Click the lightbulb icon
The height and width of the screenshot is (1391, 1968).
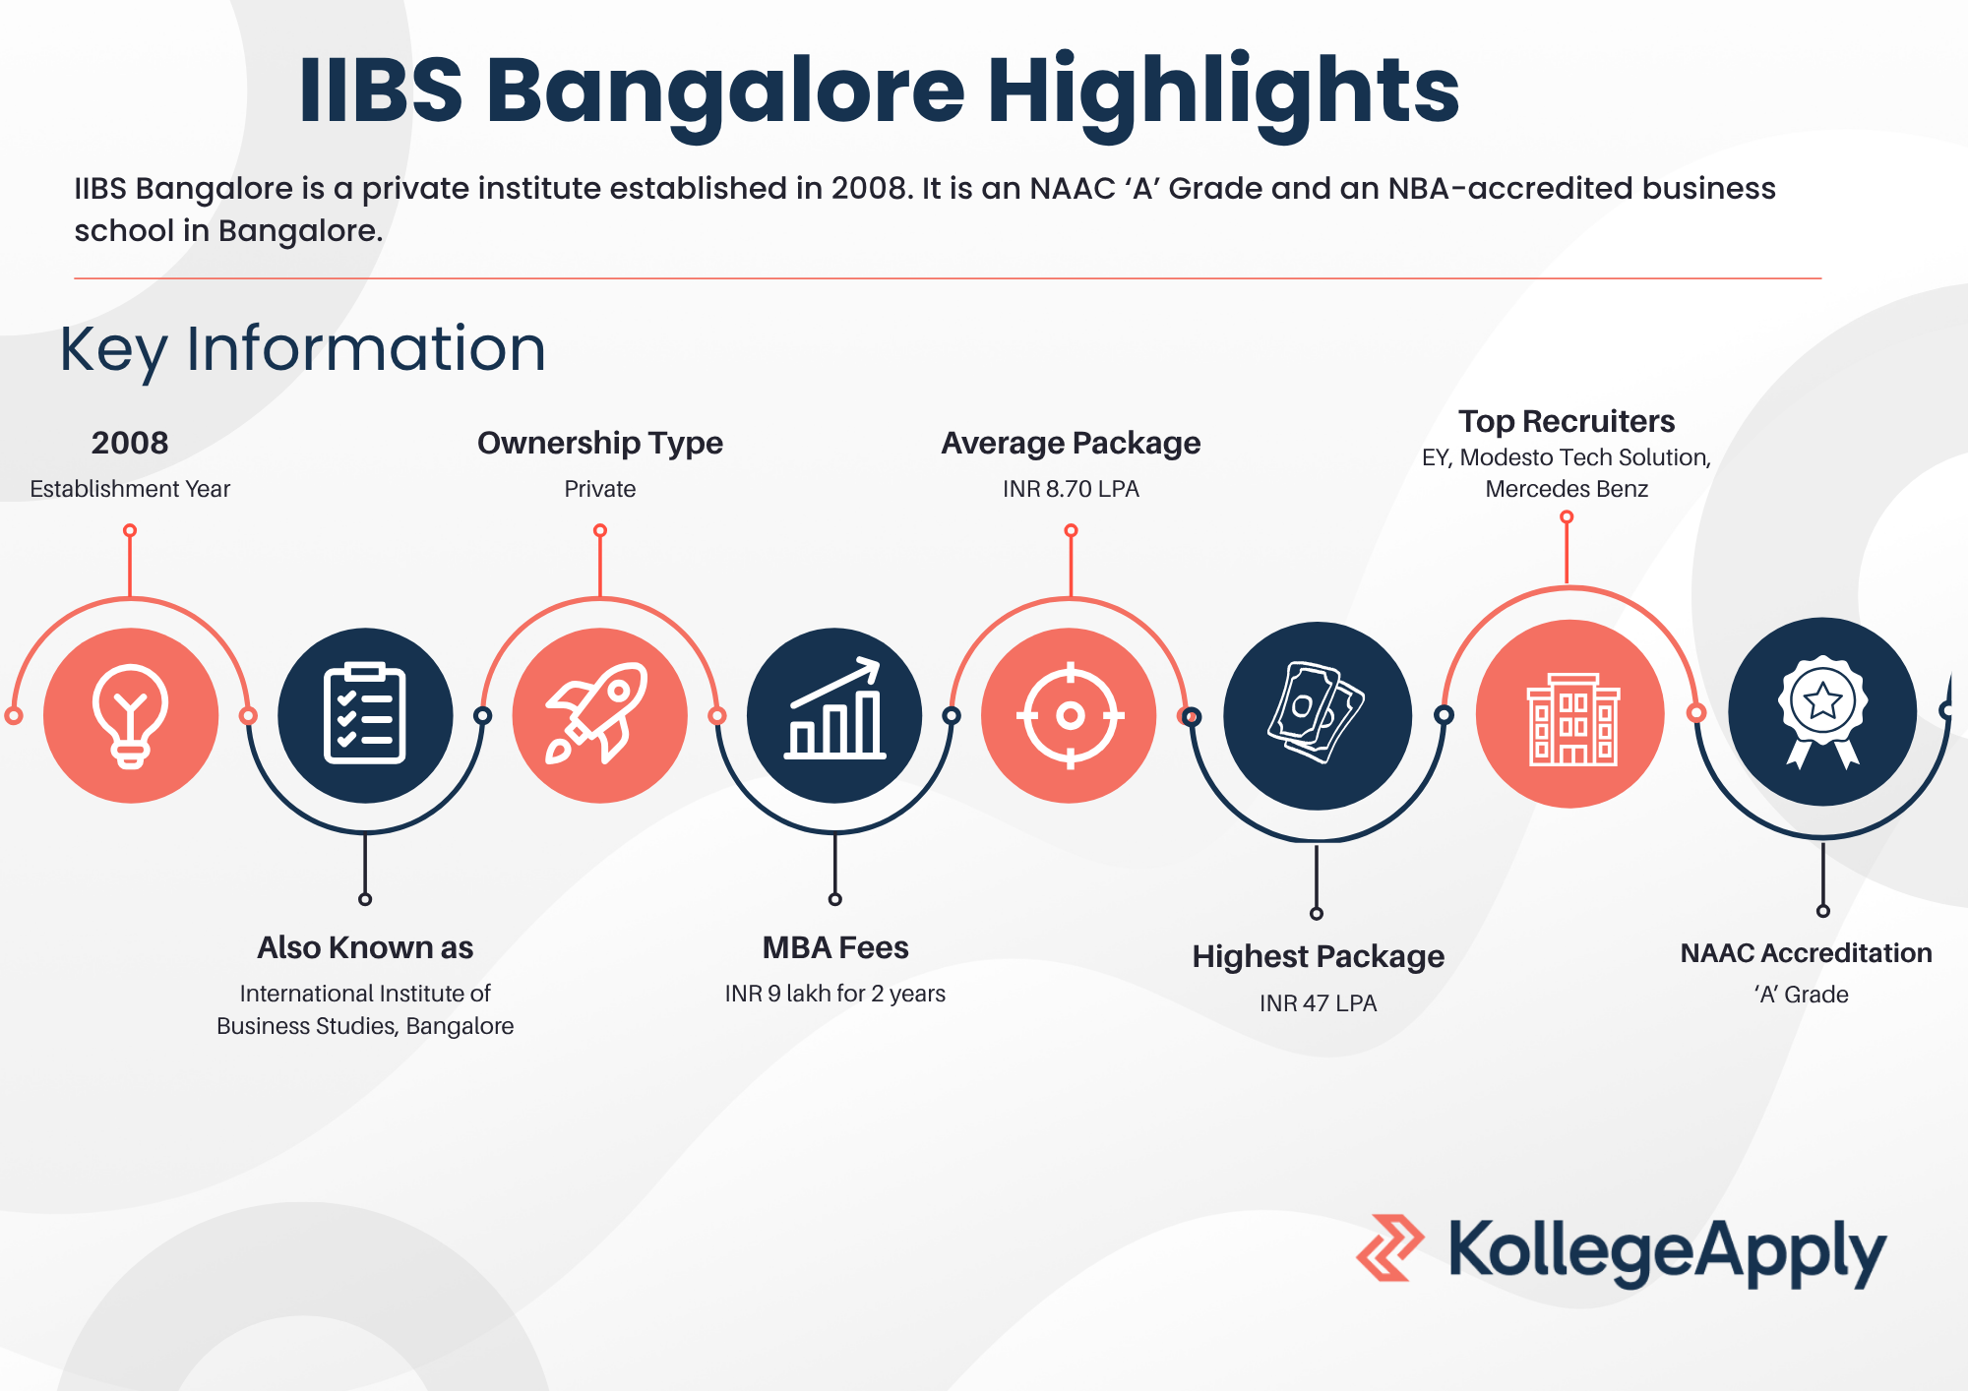click(131, 716)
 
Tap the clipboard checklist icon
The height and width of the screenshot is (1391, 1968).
click(365, 713)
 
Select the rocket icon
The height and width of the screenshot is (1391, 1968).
click(597, 713)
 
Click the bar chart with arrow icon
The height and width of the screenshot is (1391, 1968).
click(834, 708)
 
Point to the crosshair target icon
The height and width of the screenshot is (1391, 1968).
click(1071, 715)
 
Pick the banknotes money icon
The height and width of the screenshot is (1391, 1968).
click(1317, 711)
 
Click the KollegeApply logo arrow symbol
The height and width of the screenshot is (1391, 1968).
click(1390, 1247)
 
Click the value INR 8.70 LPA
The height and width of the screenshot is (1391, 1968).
click(1071, 489)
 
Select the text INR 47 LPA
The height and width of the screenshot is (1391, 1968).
click(1318, 1003)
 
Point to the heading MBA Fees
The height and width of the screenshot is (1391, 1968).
click(835, 947)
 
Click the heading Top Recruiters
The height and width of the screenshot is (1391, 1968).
click(1567, 421)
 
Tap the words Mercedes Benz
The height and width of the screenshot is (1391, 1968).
click(1567, 489)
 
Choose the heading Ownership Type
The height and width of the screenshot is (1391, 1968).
click(600, 444)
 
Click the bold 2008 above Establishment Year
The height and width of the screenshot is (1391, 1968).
click(130, 443)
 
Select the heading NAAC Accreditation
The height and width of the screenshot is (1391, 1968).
click(1806, 952)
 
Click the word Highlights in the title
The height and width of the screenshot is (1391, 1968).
click(1223, 91)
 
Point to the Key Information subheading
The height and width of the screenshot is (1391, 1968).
click(302, 350)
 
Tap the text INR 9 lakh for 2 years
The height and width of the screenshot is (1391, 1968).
click(835, 994)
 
